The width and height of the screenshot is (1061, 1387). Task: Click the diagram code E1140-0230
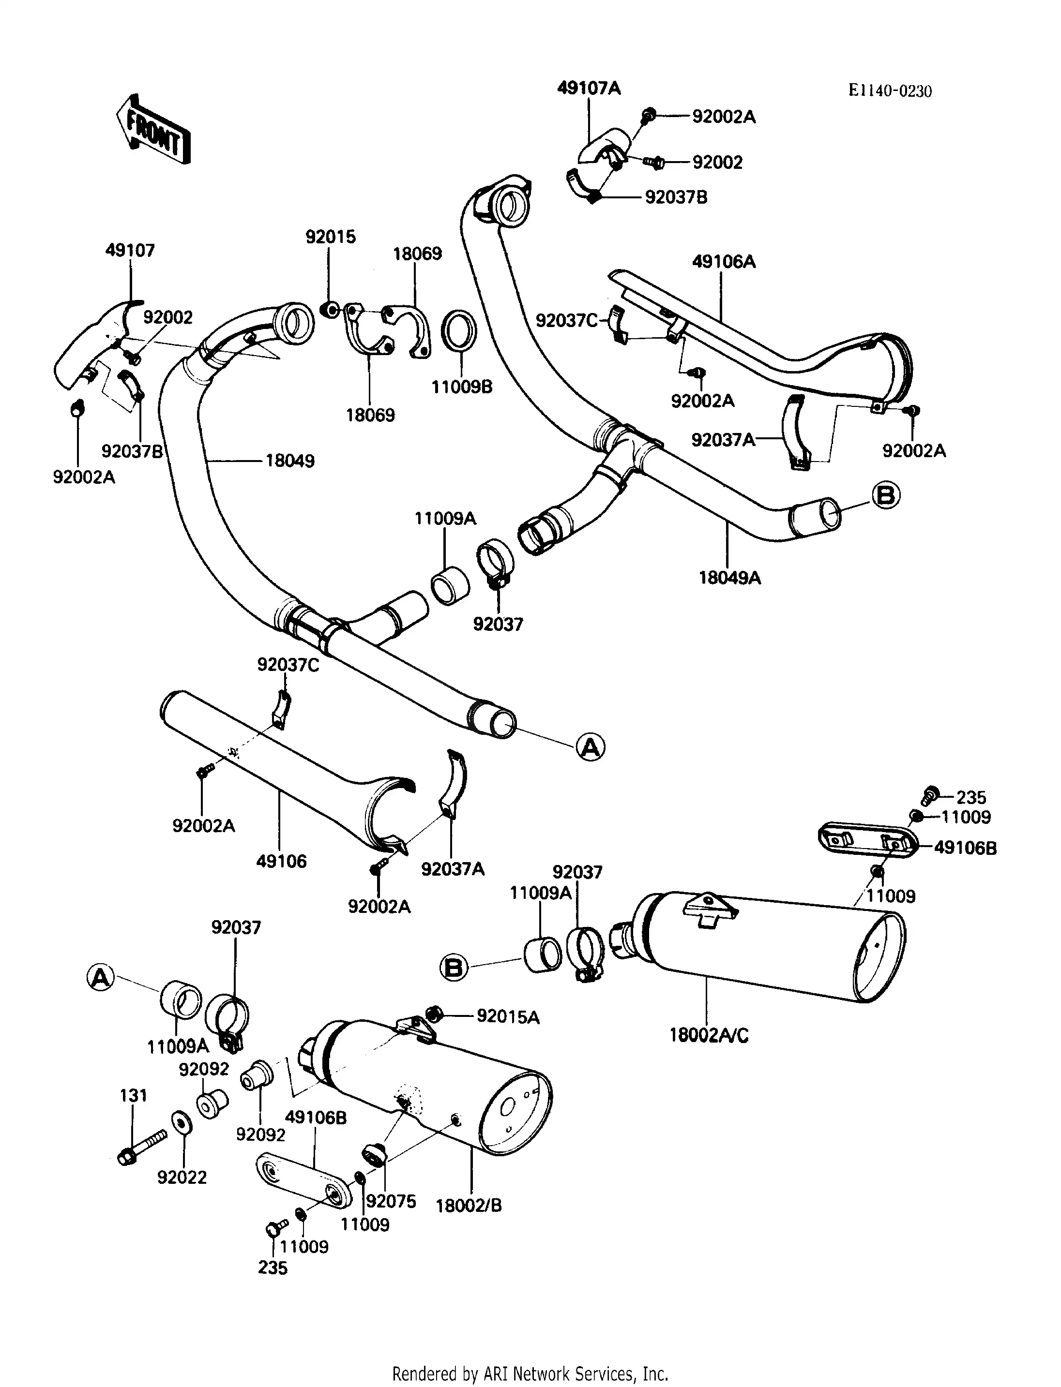[x=889, y=91]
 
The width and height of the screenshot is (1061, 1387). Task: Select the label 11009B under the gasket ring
[x=462, y=387]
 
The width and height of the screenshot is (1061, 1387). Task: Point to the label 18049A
[x=729, y=577]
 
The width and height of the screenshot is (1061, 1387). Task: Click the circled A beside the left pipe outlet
[x=591, y=747]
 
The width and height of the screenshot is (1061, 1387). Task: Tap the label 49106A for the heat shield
[x=724, y=261]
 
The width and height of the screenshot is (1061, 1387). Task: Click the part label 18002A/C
[x=709, y=1035]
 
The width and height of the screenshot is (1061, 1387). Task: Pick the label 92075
[x=392, y=1201]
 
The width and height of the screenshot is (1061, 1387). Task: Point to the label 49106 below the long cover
[x=281, y=861]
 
